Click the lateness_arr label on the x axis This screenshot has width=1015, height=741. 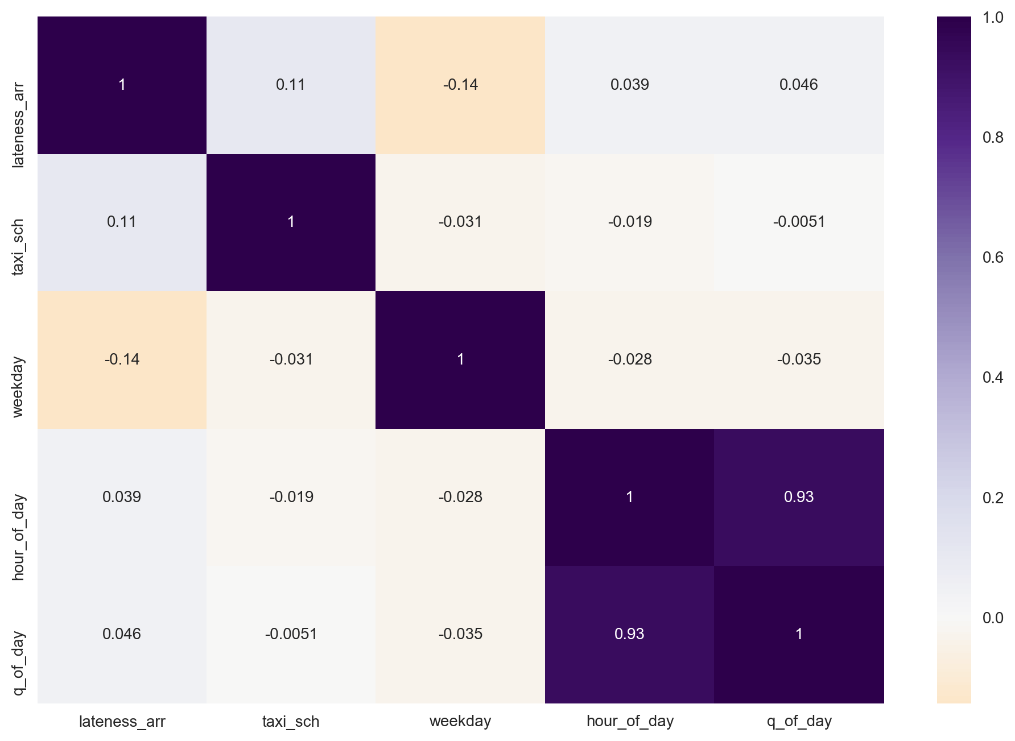click(122, 722)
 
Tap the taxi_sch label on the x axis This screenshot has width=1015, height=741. click(291, 722)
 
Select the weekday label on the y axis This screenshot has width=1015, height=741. click(18, 387)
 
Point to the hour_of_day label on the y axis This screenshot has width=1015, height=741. click(18, 537)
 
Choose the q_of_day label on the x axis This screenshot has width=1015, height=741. click(799, 722)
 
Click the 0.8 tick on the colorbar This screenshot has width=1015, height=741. click(992, 138)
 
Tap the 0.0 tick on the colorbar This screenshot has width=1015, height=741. click(992, 618)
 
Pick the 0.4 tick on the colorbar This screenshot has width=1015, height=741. click(992, 378)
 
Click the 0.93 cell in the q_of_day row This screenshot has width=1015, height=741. click(629, 634)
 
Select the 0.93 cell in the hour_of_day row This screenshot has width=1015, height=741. click(799, 497)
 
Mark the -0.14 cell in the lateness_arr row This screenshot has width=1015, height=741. click(460, 85)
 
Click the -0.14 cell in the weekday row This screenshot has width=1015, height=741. click(122, 359)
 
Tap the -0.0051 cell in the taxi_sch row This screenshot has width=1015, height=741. click(799, 222)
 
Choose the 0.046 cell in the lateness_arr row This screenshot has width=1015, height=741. click(799, 85)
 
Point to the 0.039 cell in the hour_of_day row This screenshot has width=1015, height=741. click(122, 497)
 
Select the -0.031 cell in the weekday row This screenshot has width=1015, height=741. click(291, 359)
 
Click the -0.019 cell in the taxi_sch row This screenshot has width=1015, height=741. click(629, 222)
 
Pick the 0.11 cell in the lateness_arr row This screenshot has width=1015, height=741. click(291, 85)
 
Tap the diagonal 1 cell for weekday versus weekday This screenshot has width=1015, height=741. click(460, 359)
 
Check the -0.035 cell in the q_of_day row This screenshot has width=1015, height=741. click(460, 634)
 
